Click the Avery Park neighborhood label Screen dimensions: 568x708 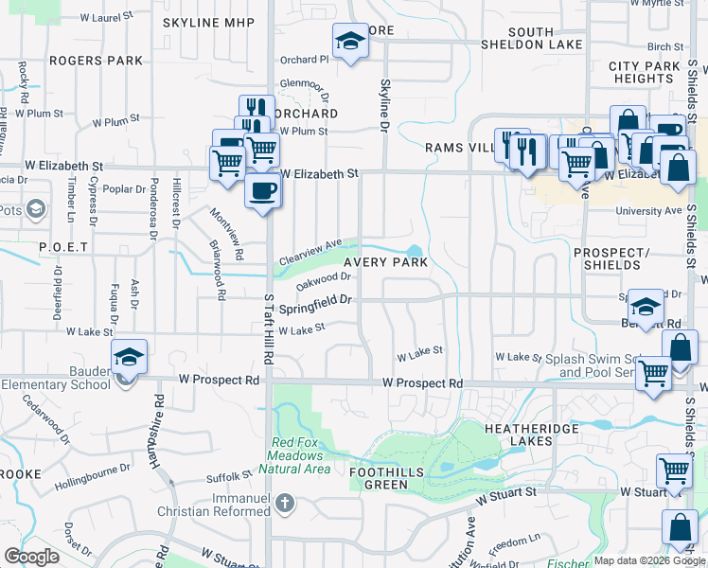click(385, 262)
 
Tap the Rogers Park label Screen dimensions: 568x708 click(96, 61)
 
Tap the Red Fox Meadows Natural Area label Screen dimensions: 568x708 click(301, 455)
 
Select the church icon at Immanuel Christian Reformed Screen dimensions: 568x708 click(284, 504)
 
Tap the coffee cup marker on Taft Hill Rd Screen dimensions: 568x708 click(262, 189)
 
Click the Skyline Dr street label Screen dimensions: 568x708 click(385, 105)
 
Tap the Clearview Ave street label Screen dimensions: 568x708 click(310, 253)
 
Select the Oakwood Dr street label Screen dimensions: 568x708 click(324, 281)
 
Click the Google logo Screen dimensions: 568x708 click(32, 557)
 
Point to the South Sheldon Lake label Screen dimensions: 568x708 click(531, 38)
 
